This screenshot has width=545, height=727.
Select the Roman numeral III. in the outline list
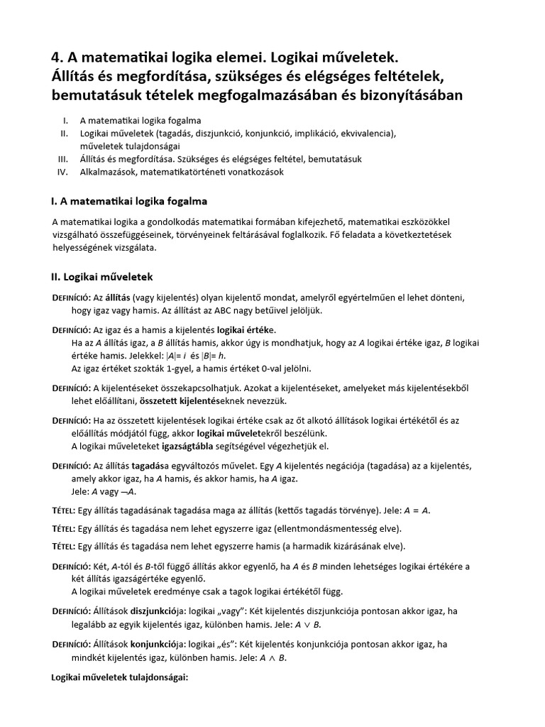(x=64, y=159)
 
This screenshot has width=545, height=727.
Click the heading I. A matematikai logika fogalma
(x=130, y=201)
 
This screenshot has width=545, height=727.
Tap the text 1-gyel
(x=180, y=368)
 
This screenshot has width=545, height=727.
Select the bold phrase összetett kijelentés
(x=222, y=400)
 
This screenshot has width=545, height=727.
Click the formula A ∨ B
(x=307, y=624)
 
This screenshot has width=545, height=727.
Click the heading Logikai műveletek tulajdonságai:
(x=119, y=677)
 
